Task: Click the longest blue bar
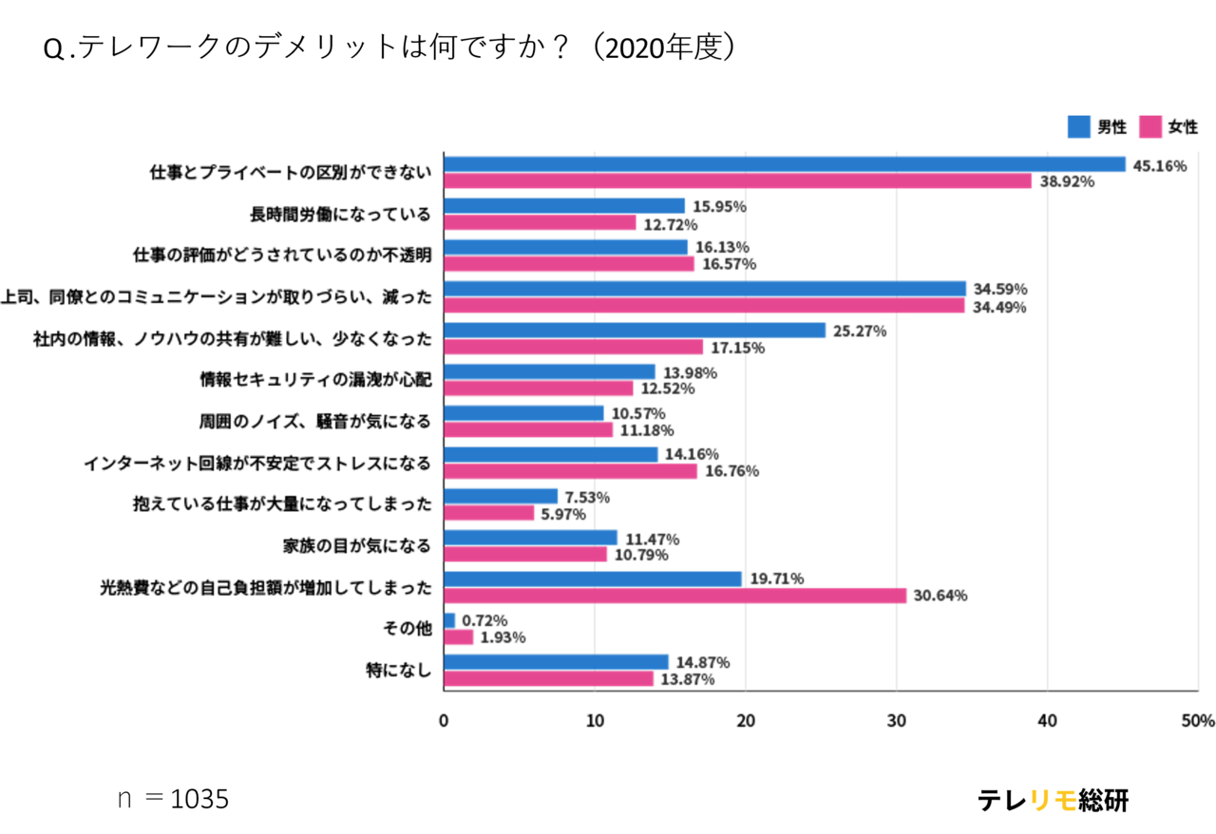786,164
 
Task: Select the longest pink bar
738,181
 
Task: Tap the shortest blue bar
450,620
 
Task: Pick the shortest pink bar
460,637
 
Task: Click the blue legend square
1079,127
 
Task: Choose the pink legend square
1150,127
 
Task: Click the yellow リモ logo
1053,801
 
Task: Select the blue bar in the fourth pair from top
706,289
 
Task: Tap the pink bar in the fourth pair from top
705,306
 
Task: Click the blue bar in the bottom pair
557,662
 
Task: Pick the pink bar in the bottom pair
549,679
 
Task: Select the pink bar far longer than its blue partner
675,597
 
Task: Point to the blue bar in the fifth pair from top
636,331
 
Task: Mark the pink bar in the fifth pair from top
574,348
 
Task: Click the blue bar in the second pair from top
565,206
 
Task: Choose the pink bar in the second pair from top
541,223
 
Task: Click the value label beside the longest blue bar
1160,166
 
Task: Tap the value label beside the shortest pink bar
503,638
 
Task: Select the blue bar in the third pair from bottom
593,578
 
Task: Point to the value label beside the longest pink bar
1067,181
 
